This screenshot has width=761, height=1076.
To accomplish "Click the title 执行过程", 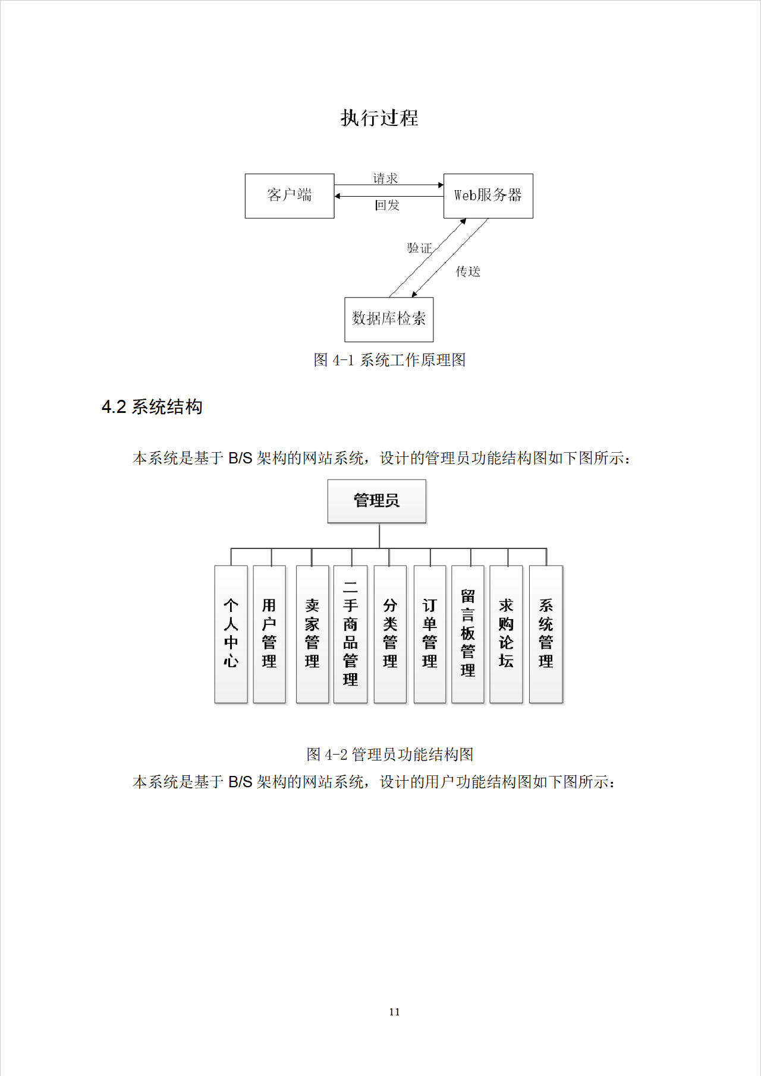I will (379, 118).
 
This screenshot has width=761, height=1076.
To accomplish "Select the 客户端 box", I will (290, 195).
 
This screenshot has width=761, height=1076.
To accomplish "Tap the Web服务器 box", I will (488, 195).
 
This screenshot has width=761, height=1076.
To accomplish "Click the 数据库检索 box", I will (389, 319).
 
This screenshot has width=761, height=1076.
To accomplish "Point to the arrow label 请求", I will (385, 178).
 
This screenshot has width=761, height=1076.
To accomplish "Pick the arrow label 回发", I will (387, 205).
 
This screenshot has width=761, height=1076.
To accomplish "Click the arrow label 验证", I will (419, 248).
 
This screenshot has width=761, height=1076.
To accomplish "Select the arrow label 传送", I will (468, 272).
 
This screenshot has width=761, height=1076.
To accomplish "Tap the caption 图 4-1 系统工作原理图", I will (389, 360).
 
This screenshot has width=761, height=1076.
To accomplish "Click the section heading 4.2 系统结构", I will (152, 407).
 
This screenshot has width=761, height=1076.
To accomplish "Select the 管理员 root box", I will (377, 501).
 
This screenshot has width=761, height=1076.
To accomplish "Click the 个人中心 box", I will (231, 634).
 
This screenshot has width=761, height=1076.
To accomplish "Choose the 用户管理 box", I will (269, 634).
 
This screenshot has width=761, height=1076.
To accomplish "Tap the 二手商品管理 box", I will (350, 634).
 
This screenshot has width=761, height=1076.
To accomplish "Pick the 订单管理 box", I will (429, 634).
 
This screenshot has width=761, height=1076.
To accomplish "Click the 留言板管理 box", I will (468, 634).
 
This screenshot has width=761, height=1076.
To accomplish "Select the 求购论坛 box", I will (506, 634).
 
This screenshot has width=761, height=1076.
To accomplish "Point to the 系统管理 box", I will (546, 634).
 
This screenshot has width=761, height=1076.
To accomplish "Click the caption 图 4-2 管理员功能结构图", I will (389, 755).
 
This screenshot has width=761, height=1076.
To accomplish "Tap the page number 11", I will (394, 1012).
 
